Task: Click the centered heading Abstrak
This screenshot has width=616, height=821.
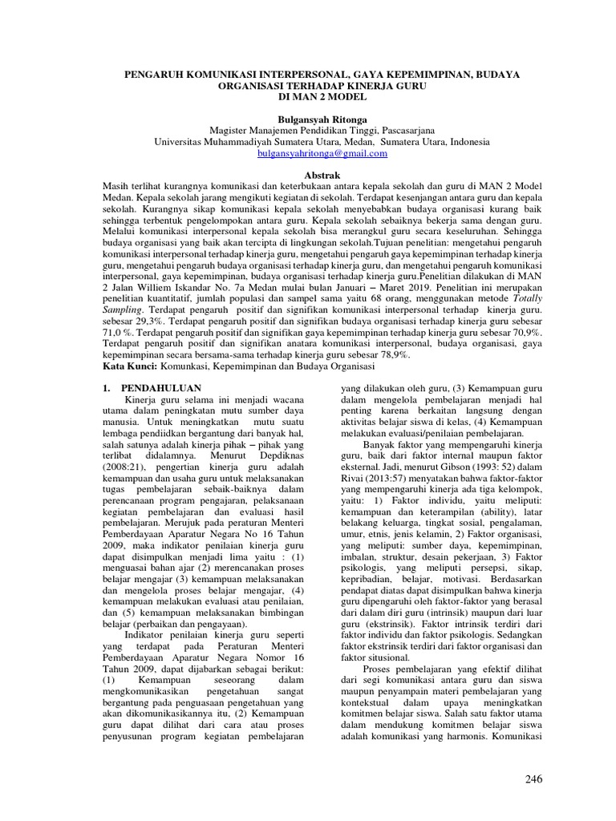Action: (x=319, y=174)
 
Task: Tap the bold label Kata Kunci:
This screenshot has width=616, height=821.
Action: (x=130, y=366)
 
